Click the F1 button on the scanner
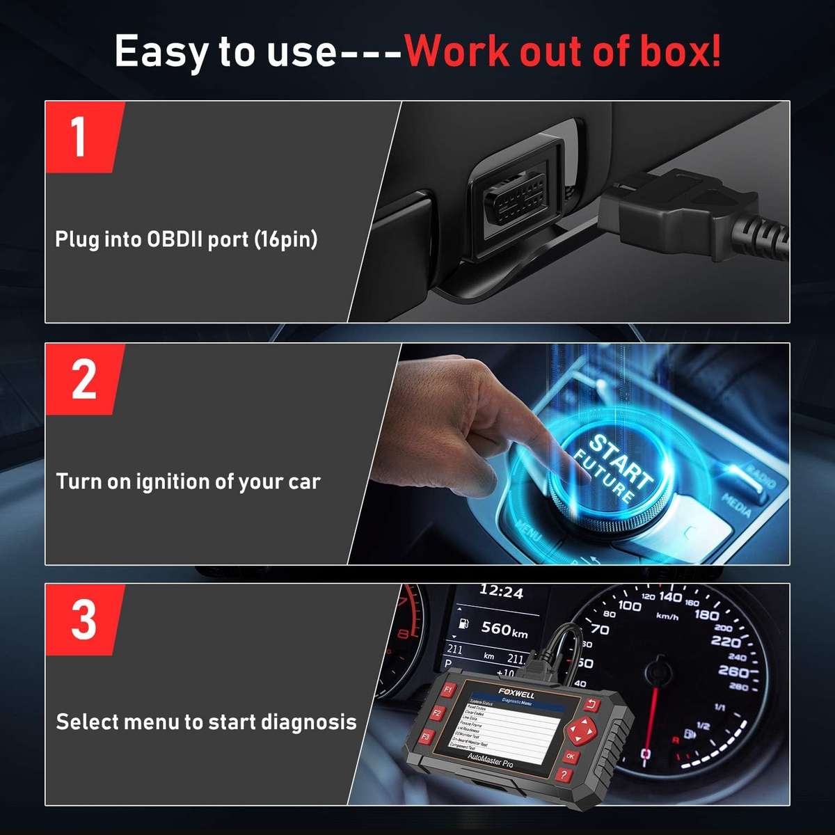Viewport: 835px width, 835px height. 448,690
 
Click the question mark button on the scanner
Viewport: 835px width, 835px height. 564,775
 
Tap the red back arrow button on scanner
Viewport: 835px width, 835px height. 592,705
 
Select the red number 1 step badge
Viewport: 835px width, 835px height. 83,137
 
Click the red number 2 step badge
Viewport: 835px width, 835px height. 83,379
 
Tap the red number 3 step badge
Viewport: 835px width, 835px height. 83,620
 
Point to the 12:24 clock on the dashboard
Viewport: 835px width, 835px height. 501,593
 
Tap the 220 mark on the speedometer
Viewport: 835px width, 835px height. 725,641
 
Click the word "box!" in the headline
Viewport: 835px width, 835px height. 677,51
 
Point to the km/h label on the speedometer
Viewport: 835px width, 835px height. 667,616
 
